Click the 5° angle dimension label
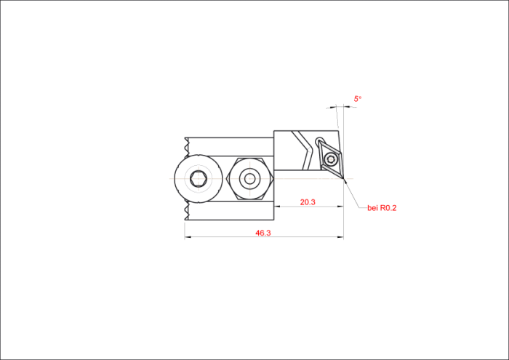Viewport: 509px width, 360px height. point(358,99)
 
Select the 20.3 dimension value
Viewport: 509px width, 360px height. point(308,202)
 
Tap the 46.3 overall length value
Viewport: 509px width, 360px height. point(263,233)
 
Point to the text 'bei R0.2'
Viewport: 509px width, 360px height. point(382,208)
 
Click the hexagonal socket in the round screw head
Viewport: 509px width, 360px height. point(199,178)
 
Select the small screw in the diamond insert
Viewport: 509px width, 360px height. point(331,159)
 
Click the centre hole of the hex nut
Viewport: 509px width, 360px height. point(249,178)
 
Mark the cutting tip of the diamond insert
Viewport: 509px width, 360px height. point(343,178)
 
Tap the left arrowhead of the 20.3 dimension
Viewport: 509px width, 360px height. point(277,206)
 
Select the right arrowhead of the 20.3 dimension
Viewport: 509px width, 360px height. point(340,206)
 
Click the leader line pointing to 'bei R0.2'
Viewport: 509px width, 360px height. point(356,194)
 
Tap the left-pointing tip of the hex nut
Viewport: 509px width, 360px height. point(226,178)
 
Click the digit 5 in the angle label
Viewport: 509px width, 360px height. point(356,99)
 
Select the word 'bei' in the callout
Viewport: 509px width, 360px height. point(372,208)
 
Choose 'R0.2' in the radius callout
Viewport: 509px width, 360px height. point(388,208)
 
